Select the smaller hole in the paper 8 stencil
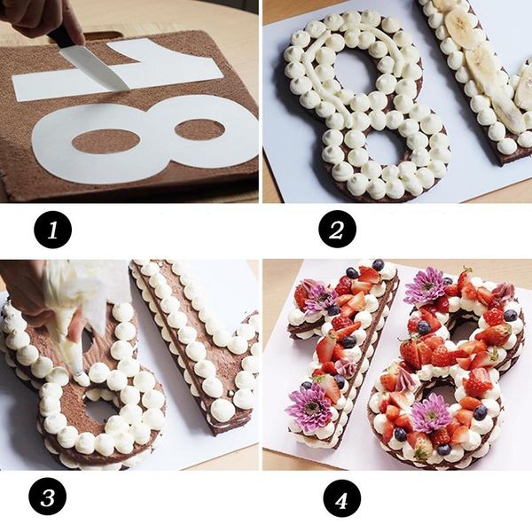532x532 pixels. point(197,130)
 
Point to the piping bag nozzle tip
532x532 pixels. point(78,371)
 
